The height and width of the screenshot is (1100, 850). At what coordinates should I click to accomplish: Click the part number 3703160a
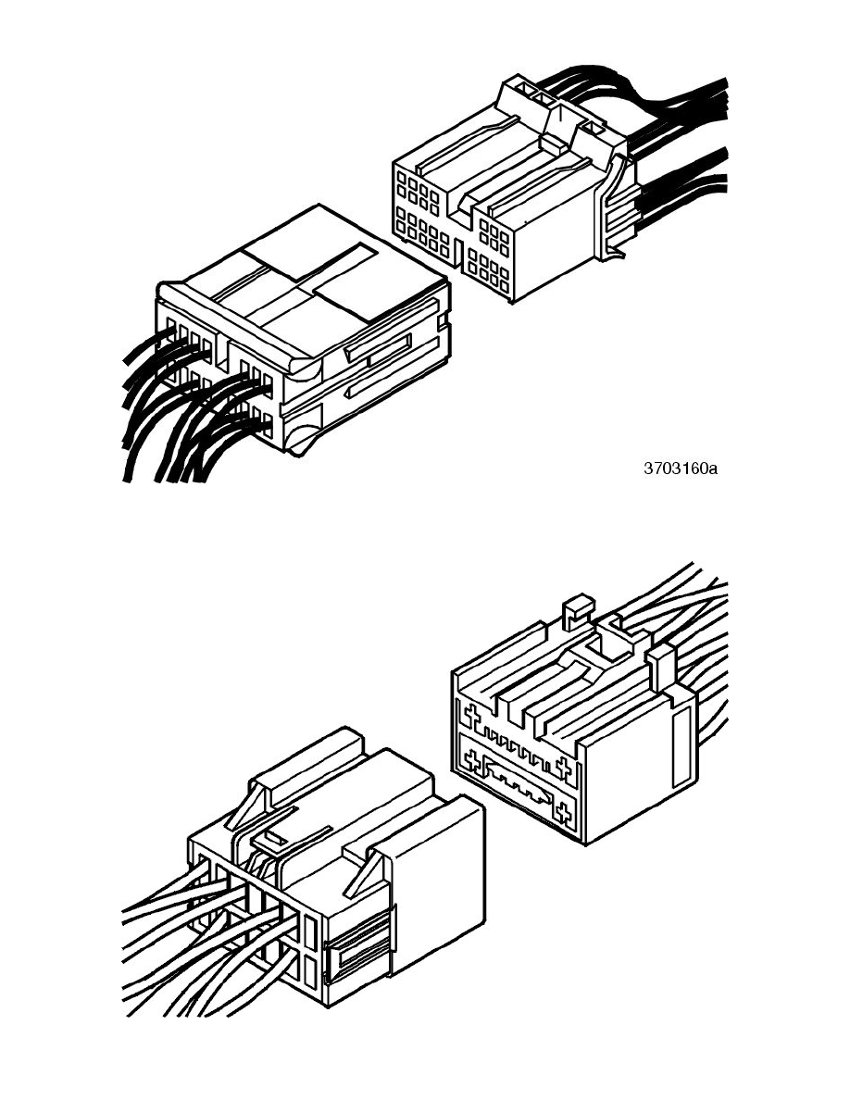681,468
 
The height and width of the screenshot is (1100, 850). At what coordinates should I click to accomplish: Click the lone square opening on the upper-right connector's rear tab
592,129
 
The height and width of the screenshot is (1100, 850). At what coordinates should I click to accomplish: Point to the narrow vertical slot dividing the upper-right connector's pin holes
458,254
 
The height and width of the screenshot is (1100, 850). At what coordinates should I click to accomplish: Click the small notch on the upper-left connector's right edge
444,323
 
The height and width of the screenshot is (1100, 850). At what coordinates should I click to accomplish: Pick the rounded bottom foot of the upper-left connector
302,441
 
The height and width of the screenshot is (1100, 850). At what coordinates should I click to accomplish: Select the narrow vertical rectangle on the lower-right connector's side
681,747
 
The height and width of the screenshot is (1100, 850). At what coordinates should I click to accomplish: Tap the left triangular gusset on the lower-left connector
247,806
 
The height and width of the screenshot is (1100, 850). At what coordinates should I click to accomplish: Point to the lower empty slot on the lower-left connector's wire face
311,971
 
